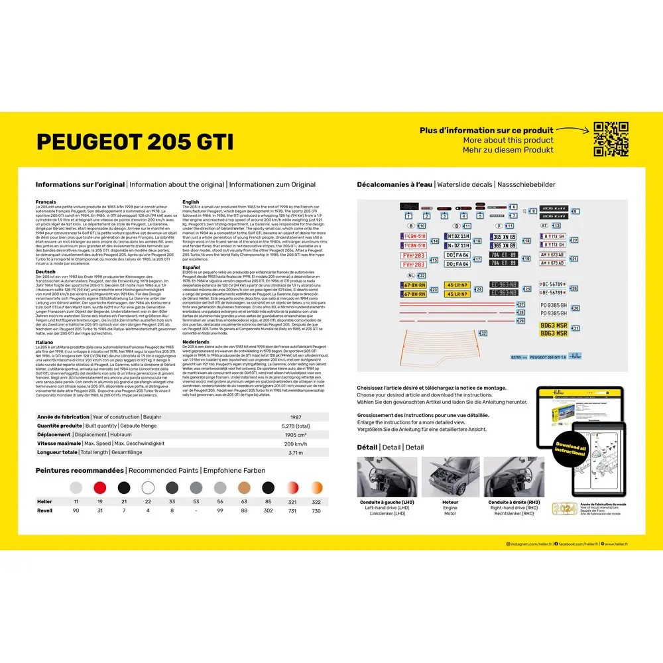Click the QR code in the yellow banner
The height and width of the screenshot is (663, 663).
[x=611, y=139]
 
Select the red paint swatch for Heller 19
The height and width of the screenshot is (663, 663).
[x=100, y=488]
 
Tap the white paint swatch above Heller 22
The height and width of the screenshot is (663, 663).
[x=147, y=488]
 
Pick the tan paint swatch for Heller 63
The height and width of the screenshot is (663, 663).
[x=244, y=488]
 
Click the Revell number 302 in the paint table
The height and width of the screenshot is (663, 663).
[x=268, y=511]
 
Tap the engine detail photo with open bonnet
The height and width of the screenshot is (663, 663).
[x=450, y=477]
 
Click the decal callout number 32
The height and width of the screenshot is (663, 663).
[x=483, y=333]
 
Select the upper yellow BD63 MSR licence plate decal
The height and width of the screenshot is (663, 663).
[x=553, y=325]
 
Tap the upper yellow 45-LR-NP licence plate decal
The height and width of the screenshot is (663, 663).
[x=475, y=285]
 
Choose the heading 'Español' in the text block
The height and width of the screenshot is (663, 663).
[x=190, y=267]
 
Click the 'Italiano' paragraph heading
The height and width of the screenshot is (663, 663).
[x=45, y=341]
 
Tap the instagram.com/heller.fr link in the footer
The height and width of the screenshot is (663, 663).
[x=529, y=544]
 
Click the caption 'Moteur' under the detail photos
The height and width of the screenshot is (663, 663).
[x=450, y=503]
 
